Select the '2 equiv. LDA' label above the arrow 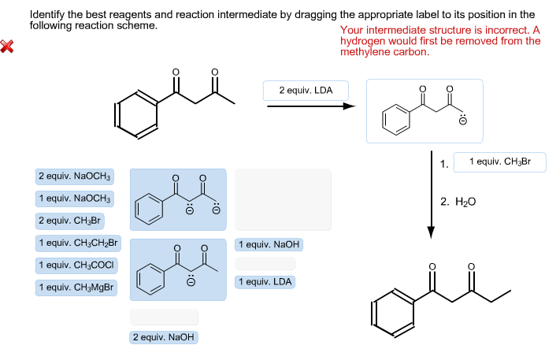[306, 91]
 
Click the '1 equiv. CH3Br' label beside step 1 [499, 162]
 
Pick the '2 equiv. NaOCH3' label [75, 176]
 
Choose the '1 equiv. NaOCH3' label [75, 199]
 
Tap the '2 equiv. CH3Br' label [70, 221]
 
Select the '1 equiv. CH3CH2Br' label [78, 243]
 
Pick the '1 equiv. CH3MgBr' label [76, 288]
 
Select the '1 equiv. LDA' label [265, 281]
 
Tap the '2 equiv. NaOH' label [164, 337]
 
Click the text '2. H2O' [458, 202]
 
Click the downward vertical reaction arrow [431, 193]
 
